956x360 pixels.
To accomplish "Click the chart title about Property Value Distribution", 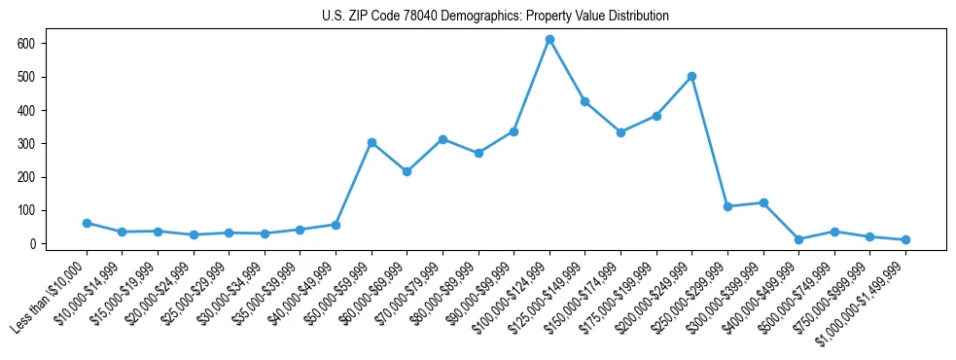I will click(x=495, y=17).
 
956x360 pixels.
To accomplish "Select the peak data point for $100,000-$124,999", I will click(x=549, y=40).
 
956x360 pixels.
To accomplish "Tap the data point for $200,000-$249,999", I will click(x=691, y=76).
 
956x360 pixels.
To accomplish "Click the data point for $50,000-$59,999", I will click(x=372, y=142).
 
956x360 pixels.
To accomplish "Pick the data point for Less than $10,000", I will click(x=87, y=223).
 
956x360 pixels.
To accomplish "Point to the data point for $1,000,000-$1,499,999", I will click(x=905, y=239).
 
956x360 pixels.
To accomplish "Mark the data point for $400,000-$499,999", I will click(x=798, y=239).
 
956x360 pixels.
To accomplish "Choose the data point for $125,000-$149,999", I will click(x=584, y=101).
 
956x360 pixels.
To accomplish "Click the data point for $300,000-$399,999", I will click(x=763, y=202).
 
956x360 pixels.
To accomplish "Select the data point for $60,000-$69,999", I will click(x=407, y=171).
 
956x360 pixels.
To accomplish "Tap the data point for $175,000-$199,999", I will click(x=656, y=116).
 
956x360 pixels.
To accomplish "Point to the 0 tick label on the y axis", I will click(x=32, y=244).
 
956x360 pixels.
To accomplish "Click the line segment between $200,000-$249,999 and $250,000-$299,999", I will click(x=709, y=141).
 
